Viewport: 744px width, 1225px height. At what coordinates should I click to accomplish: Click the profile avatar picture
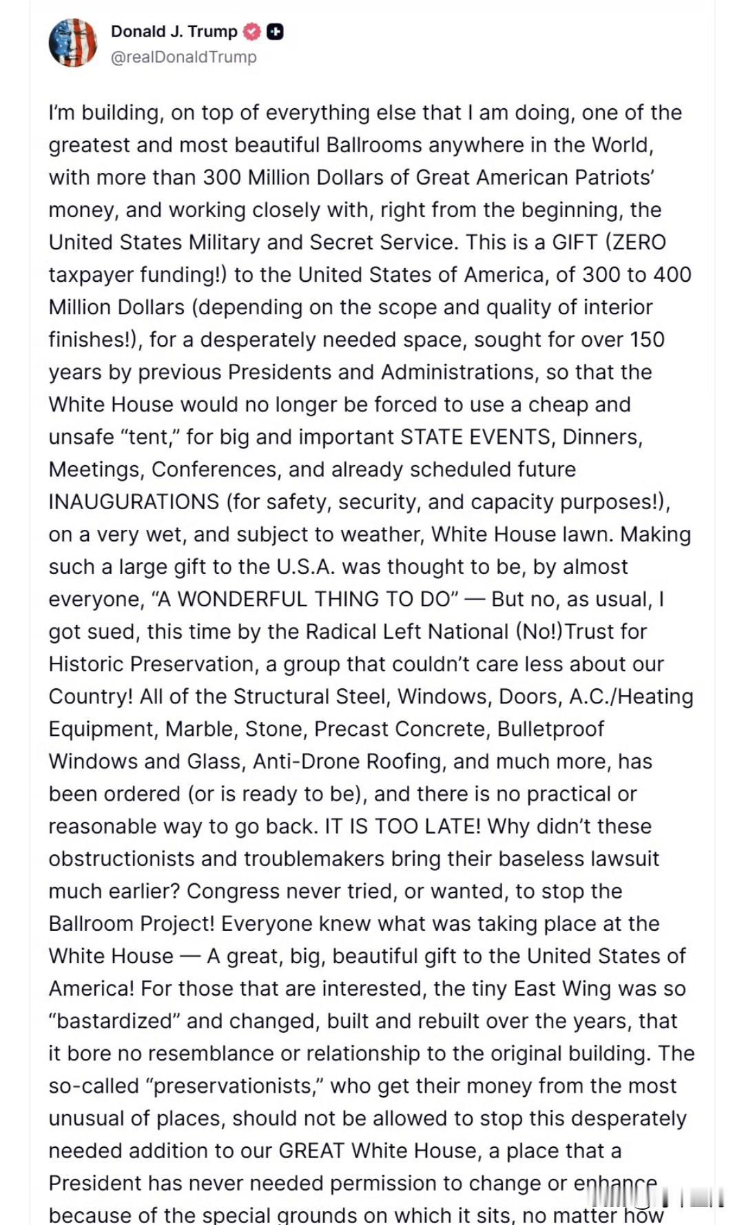tap(72, 43)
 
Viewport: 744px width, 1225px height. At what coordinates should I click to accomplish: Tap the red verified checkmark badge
tap(252, 32)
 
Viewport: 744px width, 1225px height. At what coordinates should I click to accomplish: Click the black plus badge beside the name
tap(275, 32)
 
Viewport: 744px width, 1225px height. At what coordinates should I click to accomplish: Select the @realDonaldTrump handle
tap(183, 57)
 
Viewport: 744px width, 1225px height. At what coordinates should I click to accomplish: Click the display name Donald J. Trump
tap(174, 32)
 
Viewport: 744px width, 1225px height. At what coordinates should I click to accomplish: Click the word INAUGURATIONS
tap(134, 502)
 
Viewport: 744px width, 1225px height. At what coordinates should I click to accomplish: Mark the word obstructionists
tap(122, 859)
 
